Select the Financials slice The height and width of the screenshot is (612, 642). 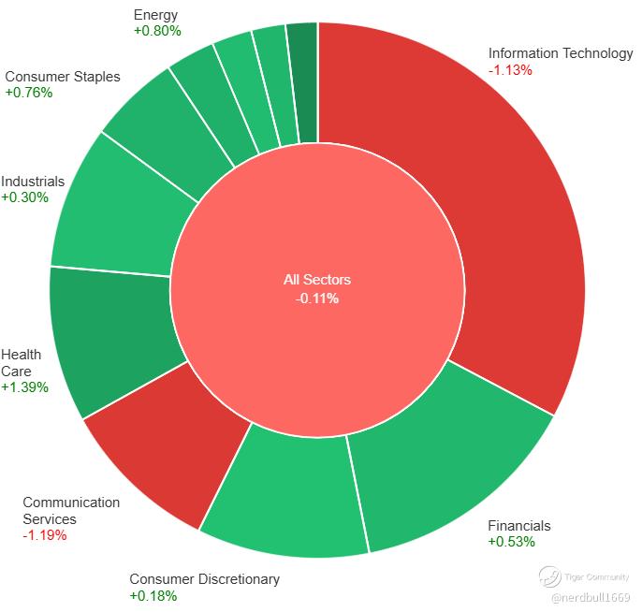[x=449, y=459]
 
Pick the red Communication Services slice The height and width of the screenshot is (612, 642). [x=168, y=459]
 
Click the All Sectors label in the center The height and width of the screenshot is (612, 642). [x=317, y=280]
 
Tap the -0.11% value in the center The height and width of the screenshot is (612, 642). [x=317, y=299]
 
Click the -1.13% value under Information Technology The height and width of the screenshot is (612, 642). [x=510, y=69]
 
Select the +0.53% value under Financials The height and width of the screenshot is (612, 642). [x=511, y=541]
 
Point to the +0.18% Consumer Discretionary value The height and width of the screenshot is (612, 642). [x=153, y=595]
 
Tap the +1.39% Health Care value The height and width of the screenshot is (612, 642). [x=24, y=386]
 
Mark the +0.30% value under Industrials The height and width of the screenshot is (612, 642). [x=24, y=197]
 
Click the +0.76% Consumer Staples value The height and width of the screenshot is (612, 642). [x=28, y=93]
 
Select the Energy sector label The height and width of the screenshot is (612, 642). [x=155, y=15]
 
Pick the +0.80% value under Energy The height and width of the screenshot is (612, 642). [x=157, y=31]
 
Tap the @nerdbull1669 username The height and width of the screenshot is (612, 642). [x=591, y=597]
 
